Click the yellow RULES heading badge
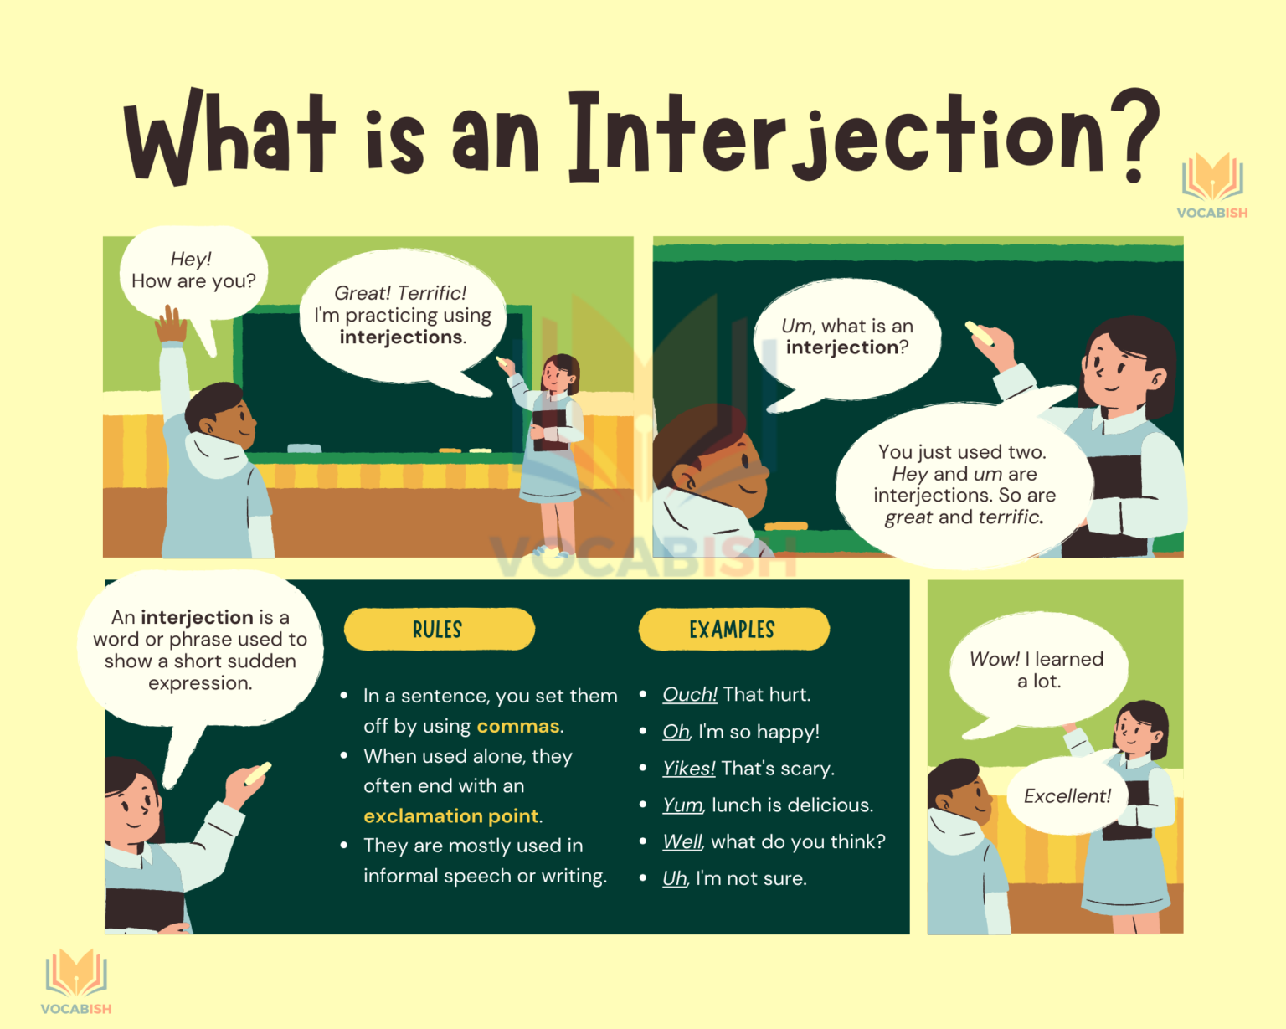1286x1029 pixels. pos(439,630)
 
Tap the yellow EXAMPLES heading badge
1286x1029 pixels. pos(733,630)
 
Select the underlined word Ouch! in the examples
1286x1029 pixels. pos(689,695)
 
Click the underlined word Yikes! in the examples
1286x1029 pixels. pos(688,769)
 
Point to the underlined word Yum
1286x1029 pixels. pos(682,805)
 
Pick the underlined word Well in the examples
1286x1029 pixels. pos(682,842)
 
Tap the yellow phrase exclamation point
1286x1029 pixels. pos(451,816)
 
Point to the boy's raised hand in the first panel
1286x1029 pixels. pos(171,324)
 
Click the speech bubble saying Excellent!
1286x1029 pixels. pos(1067,796)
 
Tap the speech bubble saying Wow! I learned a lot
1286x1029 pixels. pos(1037,671)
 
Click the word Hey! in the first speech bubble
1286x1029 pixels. pos(191,260)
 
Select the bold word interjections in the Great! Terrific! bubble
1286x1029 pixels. pos(402,337)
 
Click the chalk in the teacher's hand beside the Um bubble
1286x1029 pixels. pos(980,332)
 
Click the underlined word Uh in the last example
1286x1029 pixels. pos(674,879)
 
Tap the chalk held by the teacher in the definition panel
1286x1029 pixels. pos(258,773)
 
